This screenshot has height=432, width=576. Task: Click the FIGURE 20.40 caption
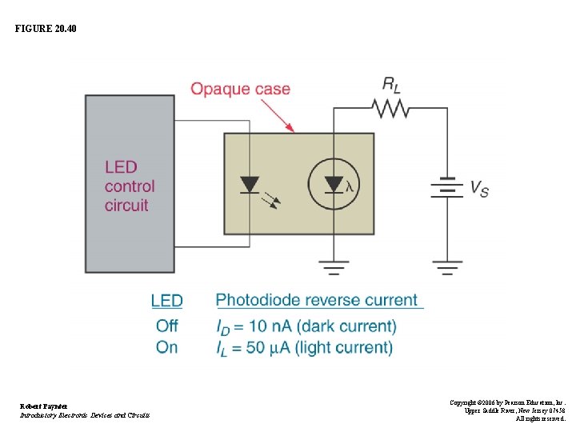point(46,30)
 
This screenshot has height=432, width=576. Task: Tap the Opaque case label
point(240,89)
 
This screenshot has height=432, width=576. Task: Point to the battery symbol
point(446,187)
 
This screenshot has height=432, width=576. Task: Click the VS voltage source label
point(478,189)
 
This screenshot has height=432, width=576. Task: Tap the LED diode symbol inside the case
point(250,186)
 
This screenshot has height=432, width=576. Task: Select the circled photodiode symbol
point(333,185)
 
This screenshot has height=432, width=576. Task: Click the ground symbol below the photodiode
point(333,266)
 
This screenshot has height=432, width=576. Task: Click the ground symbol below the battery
point(446,266)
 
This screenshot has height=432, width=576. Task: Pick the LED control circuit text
point(129,186)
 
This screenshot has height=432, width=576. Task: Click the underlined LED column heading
point(166,301)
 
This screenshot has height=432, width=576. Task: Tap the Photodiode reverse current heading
point(318,301)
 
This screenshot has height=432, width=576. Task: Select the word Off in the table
point(166,326)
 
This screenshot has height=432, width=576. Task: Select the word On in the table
point(166,347)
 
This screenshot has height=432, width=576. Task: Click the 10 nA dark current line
point(306,326)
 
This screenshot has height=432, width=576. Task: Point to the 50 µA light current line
point(304,348)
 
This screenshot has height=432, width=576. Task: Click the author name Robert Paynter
point(42,406)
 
